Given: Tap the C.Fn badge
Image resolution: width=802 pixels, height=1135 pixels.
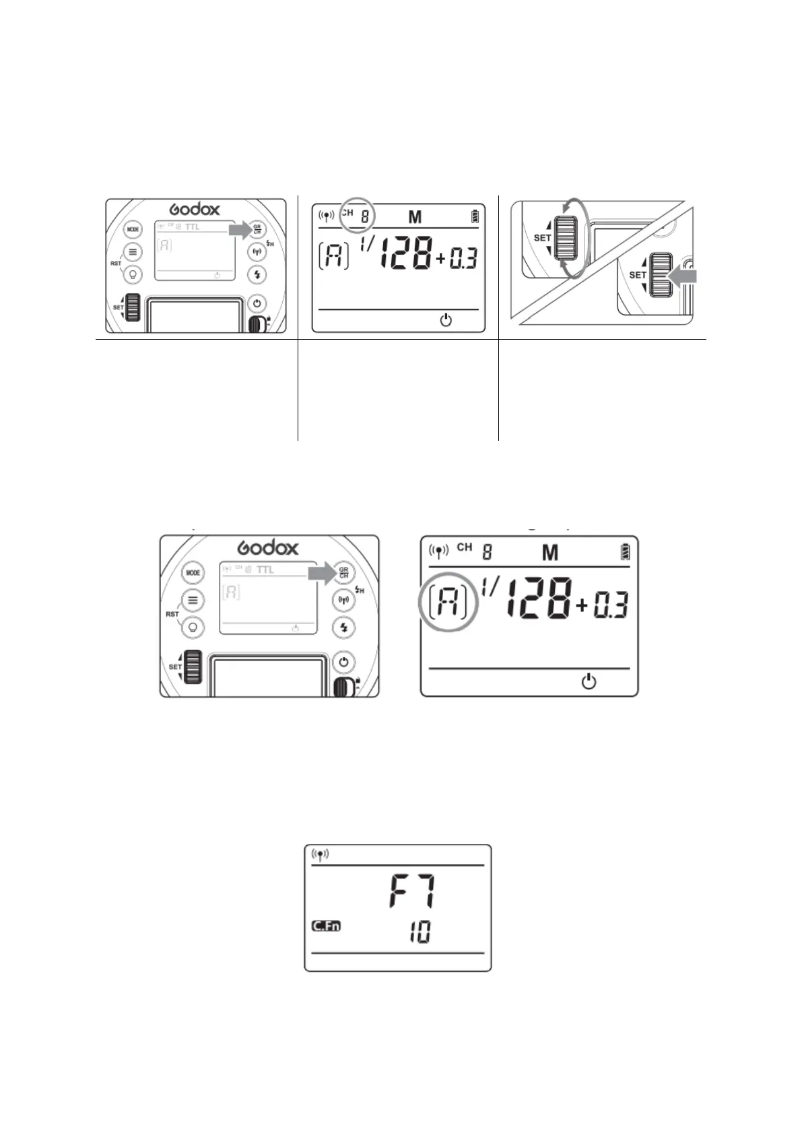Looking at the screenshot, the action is click(326, 925).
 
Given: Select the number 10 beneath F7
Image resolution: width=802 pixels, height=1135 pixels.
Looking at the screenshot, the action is click(419, 932).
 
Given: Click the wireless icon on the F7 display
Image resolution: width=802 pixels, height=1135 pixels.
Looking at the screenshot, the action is click(321, 855).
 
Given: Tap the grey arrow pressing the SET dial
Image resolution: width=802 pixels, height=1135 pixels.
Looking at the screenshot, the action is click(684, 276).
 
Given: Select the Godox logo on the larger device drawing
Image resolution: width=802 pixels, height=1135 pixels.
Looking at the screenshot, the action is click(268, 547).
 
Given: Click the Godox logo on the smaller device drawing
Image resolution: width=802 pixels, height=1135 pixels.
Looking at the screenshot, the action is click(194, 210).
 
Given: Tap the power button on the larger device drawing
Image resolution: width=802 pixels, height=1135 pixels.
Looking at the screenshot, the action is click(344, 662).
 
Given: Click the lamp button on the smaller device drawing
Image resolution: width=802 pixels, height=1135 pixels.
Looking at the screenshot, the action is click(133, 274).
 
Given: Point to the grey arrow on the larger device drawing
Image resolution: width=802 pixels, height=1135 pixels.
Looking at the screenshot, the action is click(321, 574).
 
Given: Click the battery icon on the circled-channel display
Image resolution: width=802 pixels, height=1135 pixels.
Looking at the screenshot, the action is click(477, 216).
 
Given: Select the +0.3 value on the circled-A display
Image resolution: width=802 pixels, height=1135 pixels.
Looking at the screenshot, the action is click(602, 605).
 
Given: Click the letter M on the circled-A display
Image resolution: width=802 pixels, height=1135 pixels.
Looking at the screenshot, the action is click(549, 553).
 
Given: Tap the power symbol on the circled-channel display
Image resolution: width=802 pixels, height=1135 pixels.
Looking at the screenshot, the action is click(446, 320).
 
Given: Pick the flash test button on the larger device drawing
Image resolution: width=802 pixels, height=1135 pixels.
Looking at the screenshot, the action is click(344, 627).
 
